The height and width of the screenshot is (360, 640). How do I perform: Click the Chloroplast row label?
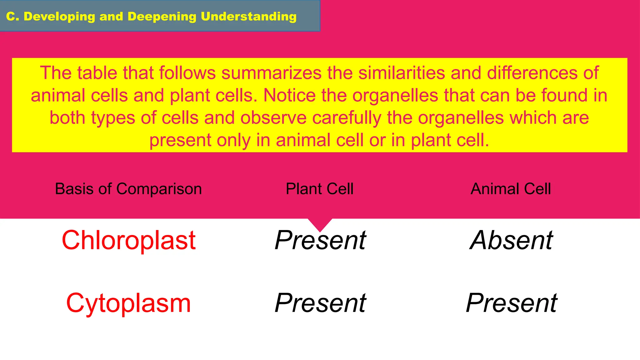[128, 240]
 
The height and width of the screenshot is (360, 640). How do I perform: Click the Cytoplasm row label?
[128, 303]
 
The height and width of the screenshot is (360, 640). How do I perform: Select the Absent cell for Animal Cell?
[511, 240]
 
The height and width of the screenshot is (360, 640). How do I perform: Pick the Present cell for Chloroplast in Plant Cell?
[320, 240]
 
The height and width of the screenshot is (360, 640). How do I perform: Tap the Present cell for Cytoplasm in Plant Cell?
[320, 303]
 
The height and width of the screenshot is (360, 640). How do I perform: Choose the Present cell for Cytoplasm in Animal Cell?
[511, 303]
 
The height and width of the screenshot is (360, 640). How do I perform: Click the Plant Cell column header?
[319, 189]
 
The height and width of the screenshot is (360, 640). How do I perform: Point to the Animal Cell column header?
[511, 189]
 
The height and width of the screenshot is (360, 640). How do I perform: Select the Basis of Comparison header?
[128, 189]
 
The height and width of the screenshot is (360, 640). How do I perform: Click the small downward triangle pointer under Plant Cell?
[320, 224]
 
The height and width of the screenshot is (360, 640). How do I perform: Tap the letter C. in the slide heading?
[12, 17]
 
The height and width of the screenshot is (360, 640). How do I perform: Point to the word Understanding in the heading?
[248, 17]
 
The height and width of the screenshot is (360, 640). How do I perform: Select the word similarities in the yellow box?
[402, 73]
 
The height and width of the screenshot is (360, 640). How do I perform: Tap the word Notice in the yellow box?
[289, 95]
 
